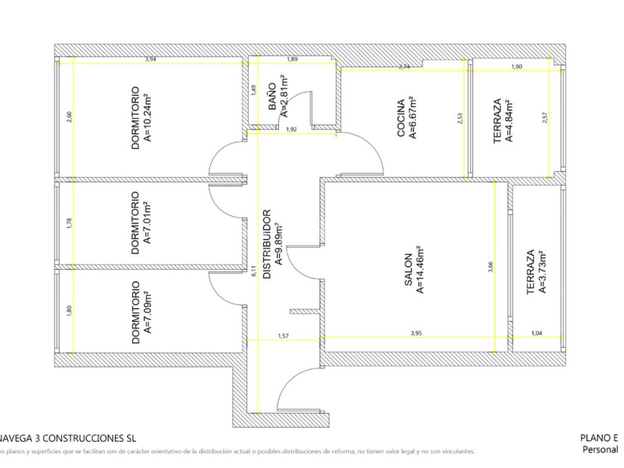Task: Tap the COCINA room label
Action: [402, 118]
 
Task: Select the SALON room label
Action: [409, 269]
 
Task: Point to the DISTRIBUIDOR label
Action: [267, 244]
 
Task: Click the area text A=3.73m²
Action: [542, 272]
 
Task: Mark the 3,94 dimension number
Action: [149, 59]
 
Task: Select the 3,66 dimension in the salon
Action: [491, 267]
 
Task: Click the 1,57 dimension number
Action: [283, 336]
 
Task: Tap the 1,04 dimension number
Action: [537, 333]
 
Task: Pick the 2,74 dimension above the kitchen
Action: [404, 67]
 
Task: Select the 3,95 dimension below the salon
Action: [416, 333]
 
